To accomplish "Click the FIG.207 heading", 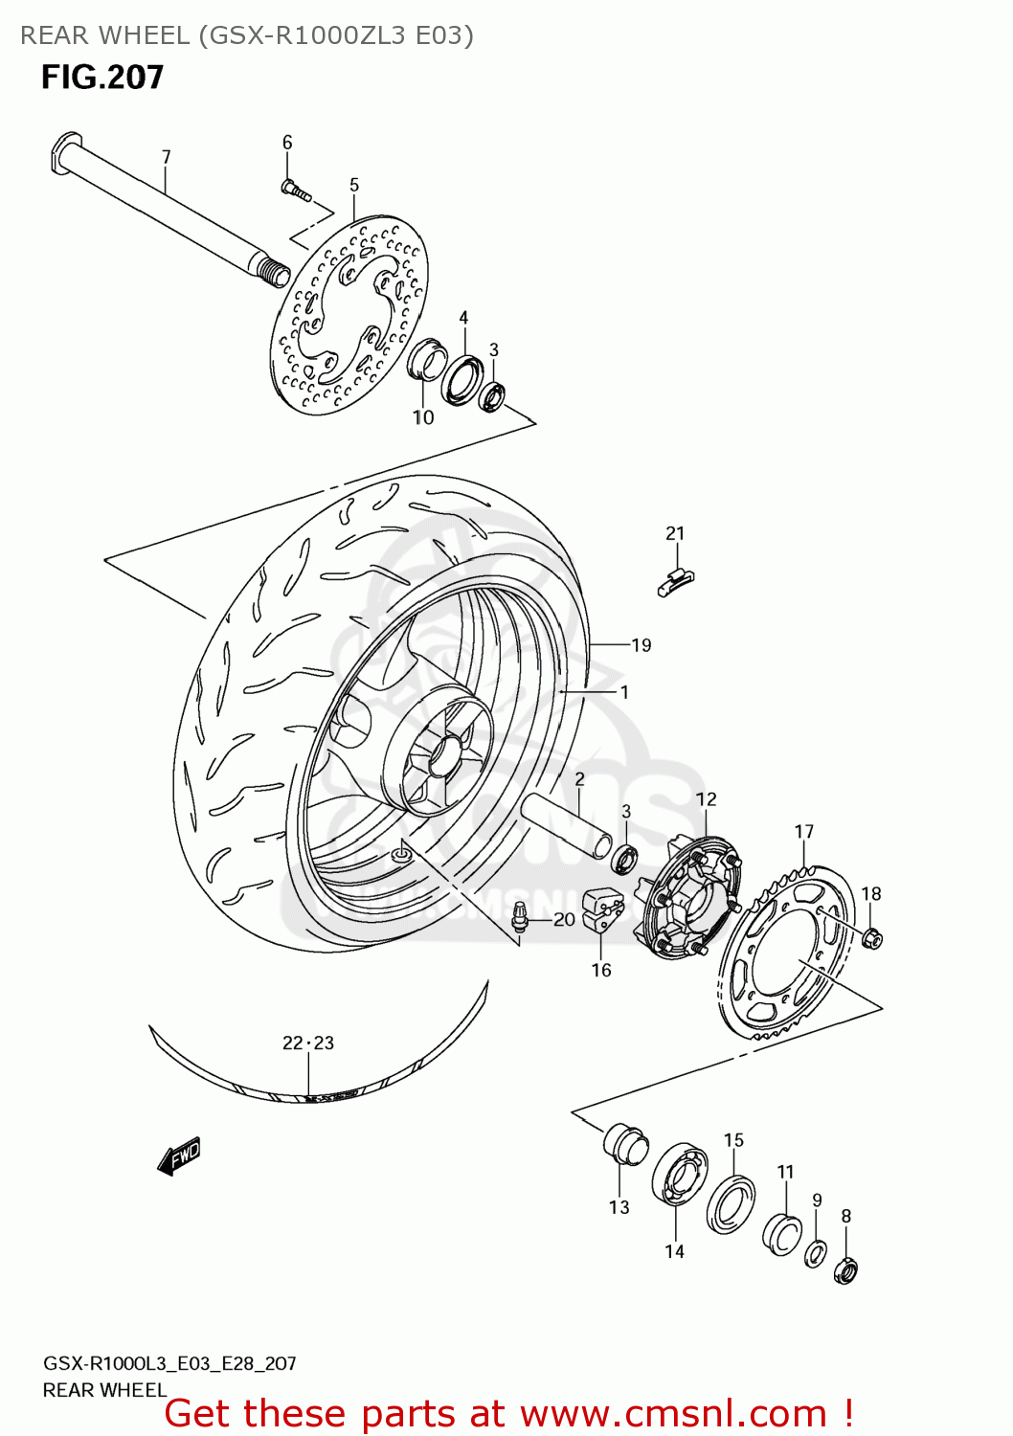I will point(102,78).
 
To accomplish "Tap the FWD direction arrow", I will point(179,1156).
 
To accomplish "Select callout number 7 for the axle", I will point(166,157).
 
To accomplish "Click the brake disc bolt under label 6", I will point(295,191).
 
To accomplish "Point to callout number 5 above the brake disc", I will point(354,185).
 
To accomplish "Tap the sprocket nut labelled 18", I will point(871,939).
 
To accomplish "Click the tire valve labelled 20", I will point(521,917).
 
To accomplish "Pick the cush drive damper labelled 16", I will point(602,909).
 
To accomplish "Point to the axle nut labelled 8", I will point(845,1270).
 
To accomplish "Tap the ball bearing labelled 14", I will point(679,1175).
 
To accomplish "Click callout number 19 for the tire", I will point(641,645).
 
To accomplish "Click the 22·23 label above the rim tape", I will point(308,1043).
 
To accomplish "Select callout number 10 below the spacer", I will point(423,417).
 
